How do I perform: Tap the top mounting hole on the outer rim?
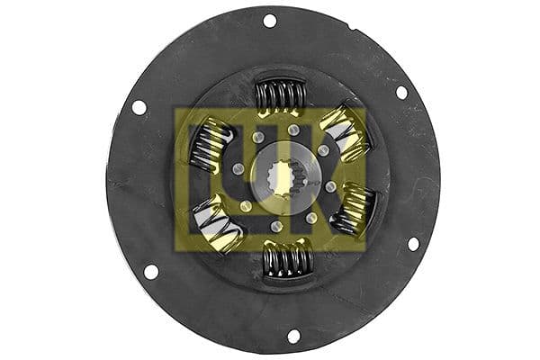point(270,20)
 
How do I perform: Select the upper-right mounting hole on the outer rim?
point(401,92)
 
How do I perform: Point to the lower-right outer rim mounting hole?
point(413,243)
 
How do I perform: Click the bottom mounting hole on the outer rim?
point(293,336)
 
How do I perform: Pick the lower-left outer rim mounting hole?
point(150,271)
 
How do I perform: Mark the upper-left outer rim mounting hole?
point(139,107)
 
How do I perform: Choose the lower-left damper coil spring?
point(217,226)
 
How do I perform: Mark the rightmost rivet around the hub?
point(330,186)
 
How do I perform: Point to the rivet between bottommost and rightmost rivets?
point(311,218)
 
